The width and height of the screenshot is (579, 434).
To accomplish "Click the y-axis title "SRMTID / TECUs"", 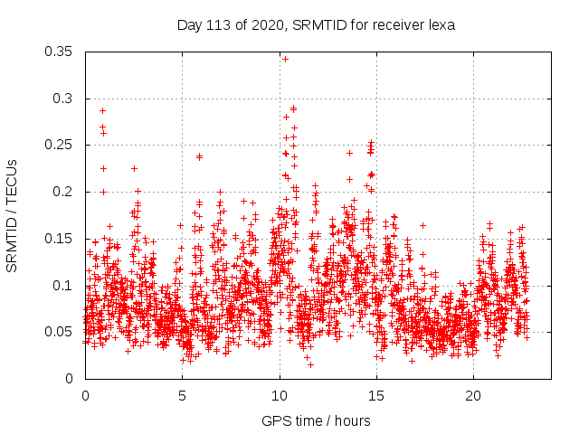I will pyautogui.click(x=12, y=215).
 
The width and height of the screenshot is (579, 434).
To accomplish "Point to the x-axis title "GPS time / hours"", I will pyautogui.click(x=316, y=420).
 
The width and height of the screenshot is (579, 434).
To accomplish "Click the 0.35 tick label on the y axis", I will pyautogui.click(x=59, y=52).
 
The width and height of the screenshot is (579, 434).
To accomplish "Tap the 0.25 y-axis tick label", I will pyautogui.click(x=59, y=145).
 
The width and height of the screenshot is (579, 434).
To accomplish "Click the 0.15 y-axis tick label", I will pyautogui.click(x=59, y=239).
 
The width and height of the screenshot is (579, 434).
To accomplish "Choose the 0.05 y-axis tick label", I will pyautogui.click(x=59, y=332).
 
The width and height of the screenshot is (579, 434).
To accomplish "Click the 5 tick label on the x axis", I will pyautogui.click(x=182, y=396).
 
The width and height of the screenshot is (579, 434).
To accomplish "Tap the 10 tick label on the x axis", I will pyautogui.click(x=279, y=396).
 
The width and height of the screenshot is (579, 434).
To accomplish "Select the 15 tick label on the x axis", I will pyautogui.click(x=375, y=396).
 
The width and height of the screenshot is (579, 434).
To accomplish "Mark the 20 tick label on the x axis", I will pyautogui.click(x=472, y=396).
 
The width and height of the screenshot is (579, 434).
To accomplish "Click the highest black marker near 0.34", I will pyautogui.click(x=285, y=59).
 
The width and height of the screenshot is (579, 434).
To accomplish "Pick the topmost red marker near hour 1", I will pyautogui.click(x=102, y=110).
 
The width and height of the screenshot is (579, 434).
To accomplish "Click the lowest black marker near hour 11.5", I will pyautogui.click(x=310, y=364).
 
